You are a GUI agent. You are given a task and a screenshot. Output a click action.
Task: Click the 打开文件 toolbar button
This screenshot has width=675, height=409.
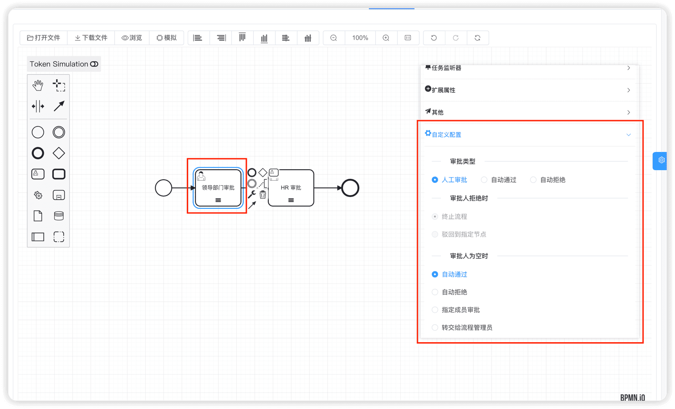tap(44, 38)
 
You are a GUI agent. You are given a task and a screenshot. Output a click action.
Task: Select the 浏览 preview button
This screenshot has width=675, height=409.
tap(132, 38)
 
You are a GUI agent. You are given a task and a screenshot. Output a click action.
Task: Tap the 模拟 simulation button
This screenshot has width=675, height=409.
tap(166, 38)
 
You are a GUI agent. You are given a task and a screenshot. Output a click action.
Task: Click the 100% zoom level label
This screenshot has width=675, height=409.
tap(360, 38)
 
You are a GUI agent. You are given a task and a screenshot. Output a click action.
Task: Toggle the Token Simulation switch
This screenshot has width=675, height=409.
tap(94, 64)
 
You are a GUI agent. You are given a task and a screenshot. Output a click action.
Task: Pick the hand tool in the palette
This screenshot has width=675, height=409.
tap(38, 86)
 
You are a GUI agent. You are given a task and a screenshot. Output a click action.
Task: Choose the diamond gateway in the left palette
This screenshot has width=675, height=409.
tap(59, 153)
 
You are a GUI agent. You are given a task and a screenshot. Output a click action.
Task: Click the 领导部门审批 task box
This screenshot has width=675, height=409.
tap(218, 188)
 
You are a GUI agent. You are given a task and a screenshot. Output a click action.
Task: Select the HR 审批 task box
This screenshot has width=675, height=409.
tap(291, 188)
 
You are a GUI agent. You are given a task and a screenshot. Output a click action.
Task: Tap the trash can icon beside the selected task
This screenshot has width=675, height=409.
tap(263, 195)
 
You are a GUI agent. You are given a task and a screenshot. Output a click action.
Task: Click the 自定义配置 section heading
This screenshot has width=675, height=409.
tap(446, 135)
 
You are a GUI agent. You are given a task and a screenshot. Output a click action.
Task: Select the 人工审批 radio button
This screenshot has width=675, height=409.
tap(435, 180)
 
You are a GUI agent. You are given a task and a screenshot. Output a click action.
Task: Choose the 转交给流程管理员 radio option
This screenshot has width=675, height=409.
tap(435, 328)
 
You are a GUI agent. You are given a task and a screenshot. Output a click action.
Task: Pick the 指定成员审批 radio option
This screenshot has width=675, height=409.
tap(435, 310)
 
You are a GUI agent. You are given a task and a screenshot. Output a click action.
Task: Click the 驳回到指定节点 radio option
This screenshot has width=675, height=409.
tap(435, 234)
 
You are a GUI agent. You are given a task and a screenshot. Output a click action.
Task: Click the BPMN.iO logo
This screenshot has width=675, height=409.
tap(633, 398)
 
